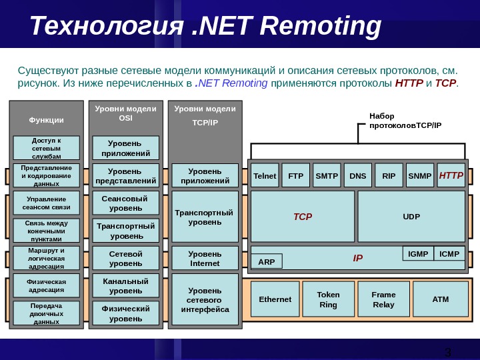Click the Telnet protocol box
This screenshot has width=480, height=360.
click(265, 176)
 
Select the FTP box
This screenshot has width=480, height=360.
click(295, 176)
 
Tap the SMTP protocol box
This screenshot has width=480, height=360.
click(327, 176)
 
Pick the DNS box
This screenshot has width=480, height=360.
click(357, 176)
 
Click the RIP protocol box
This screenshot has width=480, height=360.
click(389, 176)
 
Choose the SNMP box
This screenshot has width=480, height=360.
click(420, 176)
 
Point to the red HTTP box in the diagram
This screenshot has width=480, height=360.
click(451, 176)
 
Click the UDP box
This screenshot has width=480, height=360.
click(411, 217)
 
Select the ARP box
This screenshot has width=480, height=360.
click(267, 261)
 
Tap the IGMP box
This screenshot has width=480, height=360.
click(418, 254)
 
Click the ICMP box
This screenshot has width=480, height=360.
click(449, 254)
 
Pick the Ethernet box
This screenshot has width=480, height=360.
click(275, 299)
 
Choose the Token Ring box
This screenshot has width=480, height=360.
click(328, 299)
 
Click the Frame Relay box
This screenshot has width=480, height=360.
click(383, 299)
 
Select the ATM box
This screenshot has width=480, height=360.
click(441, 299)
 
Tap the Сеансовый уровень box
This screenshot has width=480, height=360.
click(125, 203)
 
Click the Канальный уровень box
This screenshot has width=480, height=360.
click(125, 286)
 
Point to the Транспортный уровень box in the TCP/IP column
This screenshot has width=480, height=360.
click(204, 217)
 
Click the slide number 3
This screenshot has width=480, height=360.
click(448, 352)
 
